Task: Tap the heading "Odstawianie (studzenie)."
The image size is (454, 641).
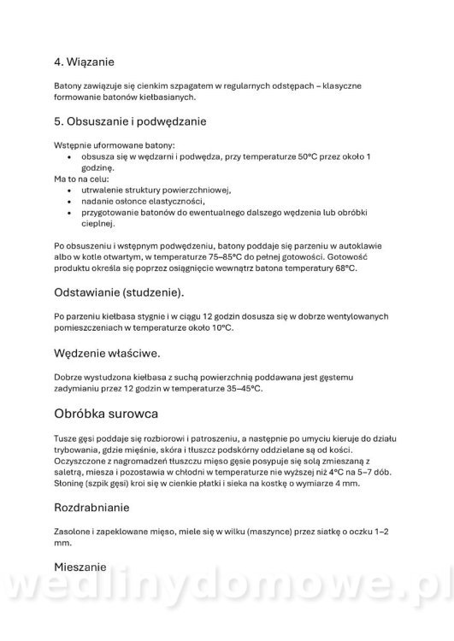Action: pos(118,292)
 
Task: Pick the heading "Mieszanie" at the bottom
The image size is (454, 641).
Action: pos(80,567)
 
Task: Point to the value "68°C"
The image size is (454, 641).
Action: pos(345,268)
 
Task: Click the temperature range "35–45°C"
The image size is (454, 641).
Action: pos(244,389)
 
